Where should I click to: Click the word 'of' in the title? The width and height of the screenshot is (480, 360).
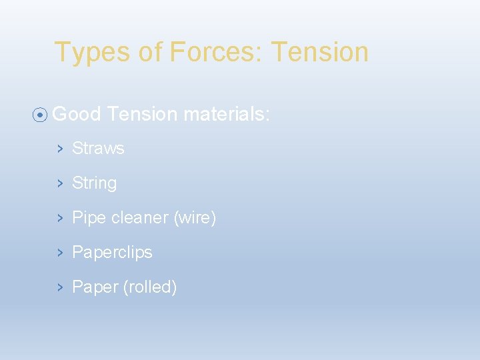(x=150, y=53)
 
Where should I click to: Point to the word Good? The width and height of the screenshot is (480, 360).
(x=76, y=115)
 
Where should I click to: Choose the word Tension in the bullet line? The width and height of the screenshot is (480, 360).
(x=142, y=115)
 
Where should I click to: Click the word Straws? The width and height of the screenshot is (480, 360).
(x=98, y=149)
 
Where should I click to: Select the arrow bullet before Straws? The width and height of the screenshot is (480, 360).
(x=59, y=149)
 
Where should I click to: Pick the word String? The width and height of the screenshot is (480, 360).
(x=94, y=183)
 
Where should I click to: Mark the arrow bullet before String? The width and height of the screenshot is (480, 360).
(x=59, y=183)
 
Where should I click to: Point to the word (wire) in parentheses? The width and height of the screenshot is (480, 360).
(x=195, y=218)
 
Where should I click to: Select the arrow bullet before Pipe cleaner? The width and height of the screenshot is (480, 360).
(x=59, y=218)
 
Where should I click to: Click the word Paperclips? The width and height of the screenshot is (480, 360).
(x=112, y=253)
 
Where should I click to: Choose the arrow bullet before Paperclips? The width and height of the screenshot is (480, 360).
(x=59, y=253)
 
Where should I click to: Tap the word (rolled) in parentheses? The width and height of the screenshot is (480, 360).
(x=150, y=287)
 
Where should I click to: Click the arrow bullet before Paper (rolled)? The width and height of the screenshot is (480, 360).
(x=59, y=287)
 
